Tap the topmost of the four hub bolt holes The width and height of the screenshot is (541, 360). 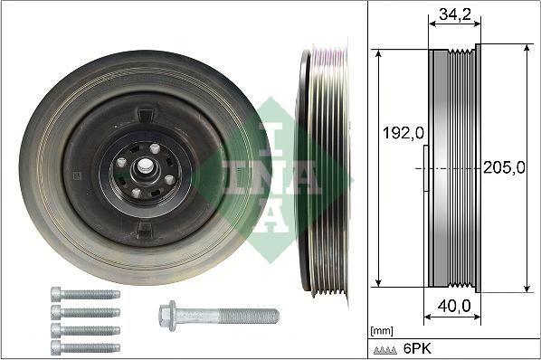point(155,149)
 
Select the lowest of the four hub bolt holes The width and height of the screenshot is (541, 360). point(135,192)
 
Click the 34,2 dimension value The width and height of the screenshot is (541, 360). point(454,14)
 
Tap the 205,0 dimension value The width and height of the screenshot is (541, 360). point(504,168)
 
